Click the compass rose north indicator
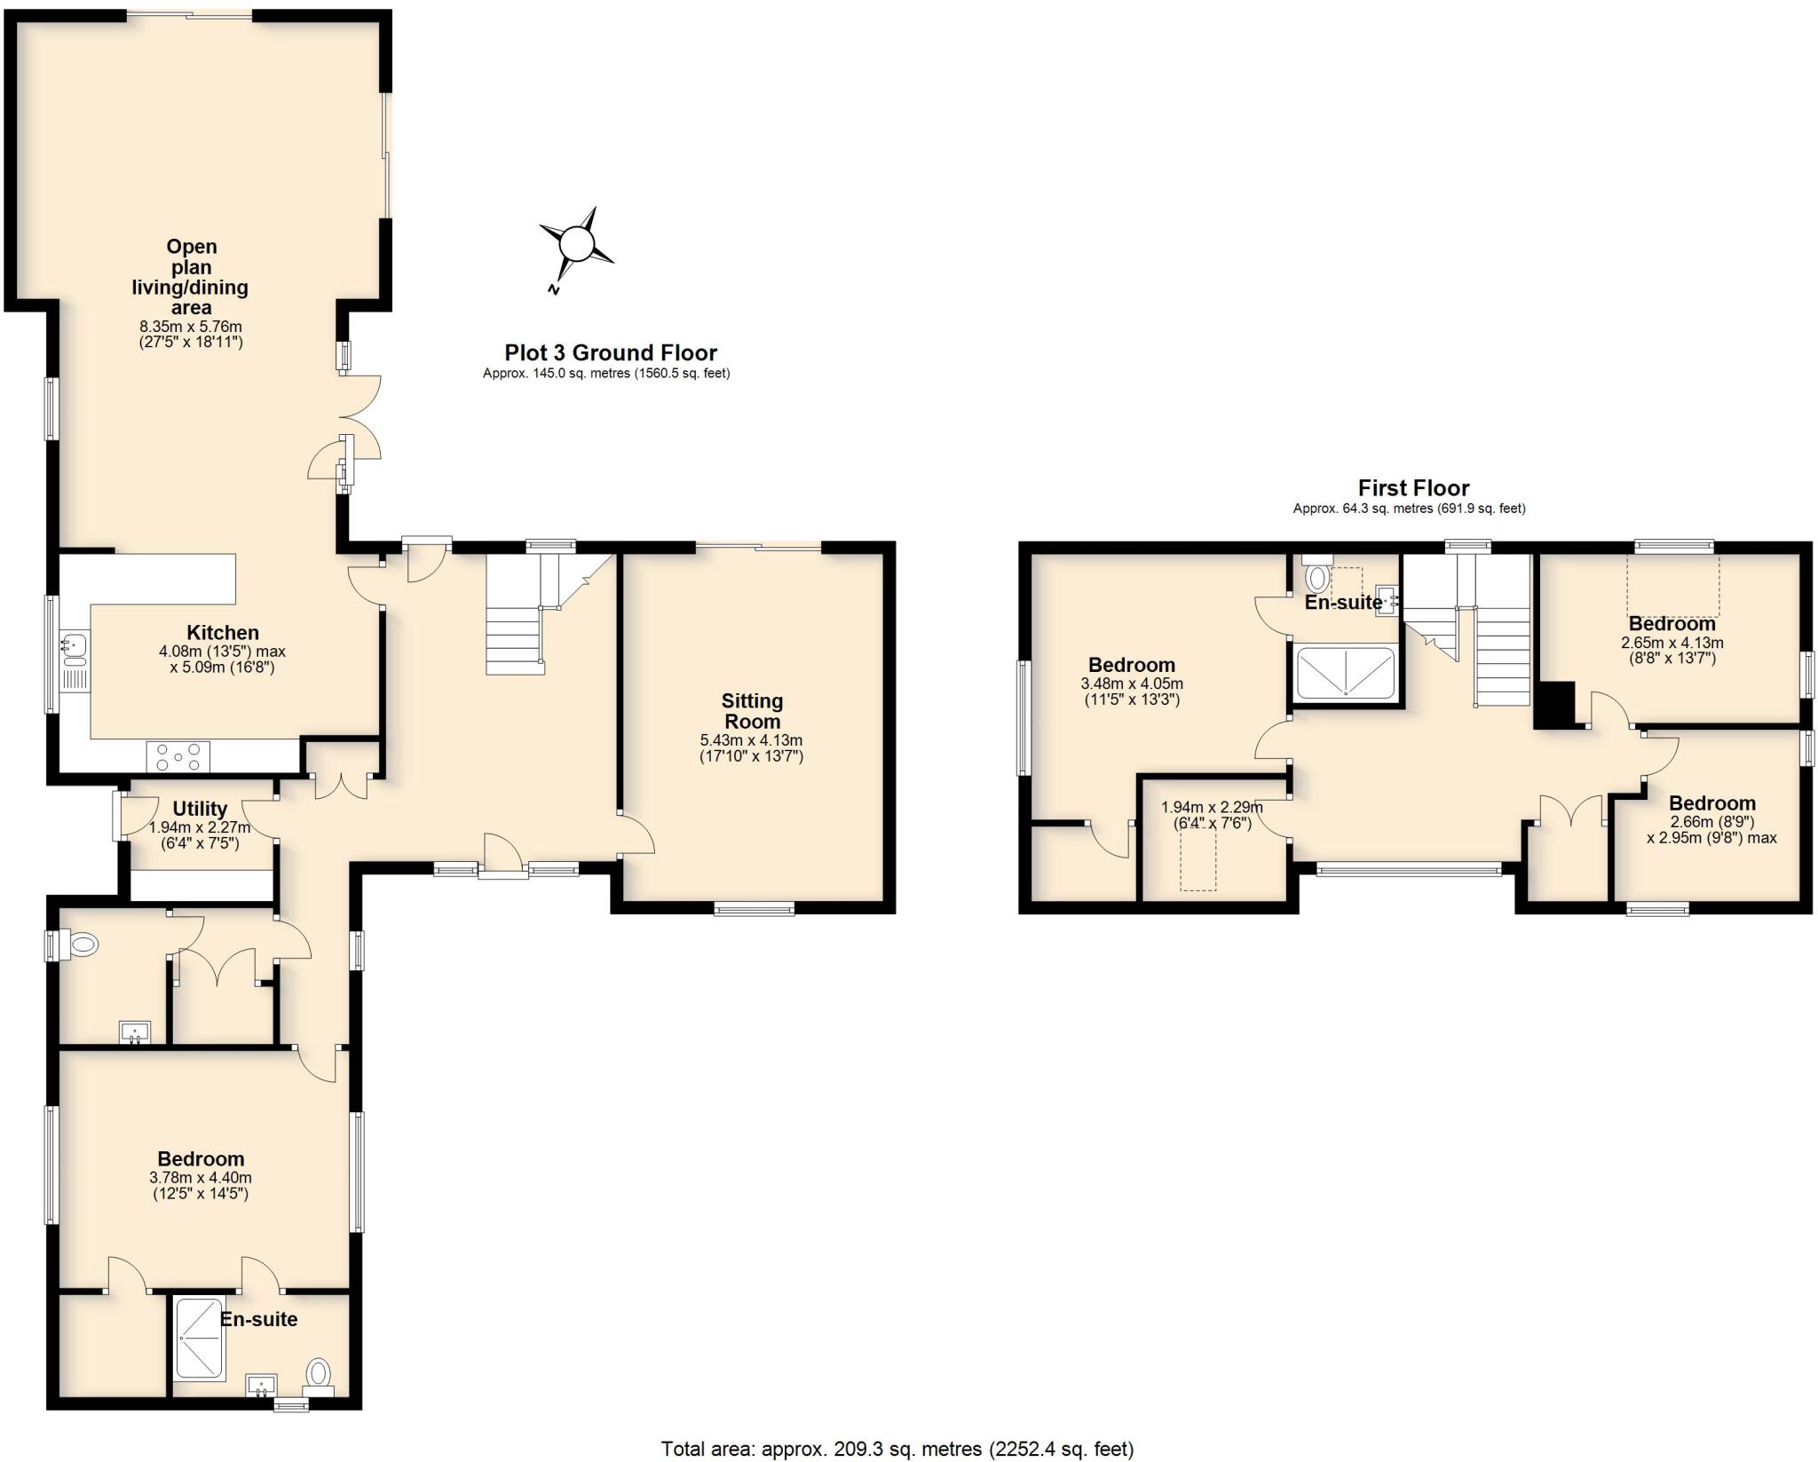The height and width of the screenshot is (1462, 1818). click(x=554, y=289)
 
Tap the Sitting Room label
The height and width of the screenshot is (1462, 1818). click(x=752, y=711)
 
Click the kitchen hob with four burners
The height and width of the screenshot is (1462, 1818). click(x=178, y=757)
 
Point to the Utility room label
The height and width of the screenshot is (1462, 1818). click(x=200, y=809)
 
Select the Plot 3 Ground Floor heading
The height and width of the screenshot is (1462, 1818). click(x=611, y=352)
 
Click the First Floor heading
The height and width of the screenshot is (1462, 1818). click(x=1413, y=488)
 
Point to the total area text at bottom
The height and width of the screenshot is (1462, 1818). click(x=897, y=1449)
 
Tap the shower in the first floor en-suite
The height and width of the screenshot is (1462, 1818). click(x=1345, y=673)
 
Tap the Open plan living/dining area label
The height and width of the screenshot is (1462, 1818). click(x=191, y=277)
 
